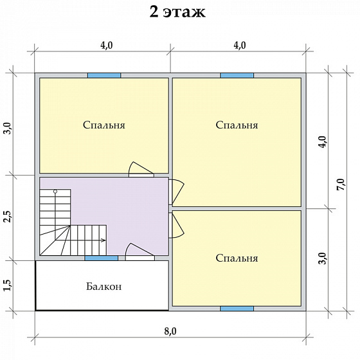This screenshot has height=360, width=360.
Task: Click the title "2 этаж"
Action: click(x=177, y=12)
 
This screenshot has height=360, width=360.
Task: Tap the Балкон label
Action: click(x=104, y=287)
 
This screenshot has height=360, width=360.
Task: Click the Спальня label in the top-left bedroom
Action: click(x=104, y=125)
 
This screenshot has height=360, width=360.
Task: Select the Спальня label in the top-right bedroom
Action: click(x=237, y=125)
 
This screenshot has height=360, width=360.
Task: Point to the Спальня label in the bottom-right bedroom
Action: click(x=237, y=258)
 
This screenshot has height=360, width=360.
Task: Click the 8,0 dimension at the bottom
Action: click(x=170, y=331)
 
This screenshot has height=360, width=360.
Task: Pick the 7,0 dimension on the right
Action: click(x=341, y=184)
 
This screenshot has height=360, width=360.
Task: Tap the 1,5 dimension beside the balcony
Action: click(x=7, y=285)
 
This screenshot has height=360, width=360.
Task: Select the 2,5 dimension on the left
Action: click(x=7, y=217)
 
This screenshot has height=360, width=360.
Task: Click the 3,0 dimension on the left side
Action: click(x=7, y=129)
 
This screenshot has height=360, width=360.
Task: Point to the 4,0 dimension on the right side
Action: click(x=322, y=142)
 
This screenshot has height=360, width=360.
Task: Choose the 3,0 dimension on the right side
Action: click(x=322, y=258)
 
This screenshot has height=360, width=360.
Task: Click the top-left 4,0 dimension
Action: click(x=107, y=46)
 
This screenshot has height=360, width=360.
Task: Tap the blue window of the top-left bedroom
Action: click(x=104, y=76)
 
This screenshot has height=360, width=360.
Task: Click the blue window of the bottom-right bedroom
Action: click(x=237, y=309)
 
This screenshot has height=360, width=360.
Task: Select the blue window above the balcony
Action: click(x=102, y=258)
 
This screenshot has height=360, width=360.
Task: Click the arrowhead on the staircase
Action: click(x=104, y=240)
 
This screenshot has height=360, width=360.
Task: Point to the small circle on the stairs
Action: click(x=55, y=191)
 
